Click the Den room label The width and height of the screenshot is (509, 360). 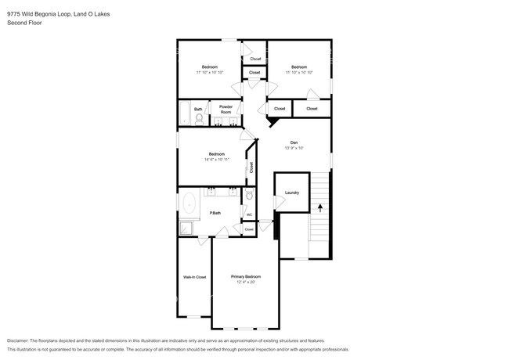[x=294, y=142]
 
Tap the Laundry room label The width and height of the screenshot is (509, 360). [x=292, y=193]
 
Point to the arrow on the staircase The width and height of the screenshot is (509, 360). [x=319, y=207]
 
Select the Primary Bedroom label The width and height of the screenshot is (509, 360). [x=245, y=277]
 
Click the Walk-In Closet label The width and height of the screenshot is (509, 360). [x=194, y=277]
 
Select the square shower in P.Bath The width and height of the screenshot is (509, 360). [x=188, y=228]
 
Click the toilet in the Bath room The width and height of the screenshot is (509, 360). [x=200, y=119]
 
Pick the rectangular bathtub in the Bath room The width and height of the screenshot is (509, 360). [x=185, y=114]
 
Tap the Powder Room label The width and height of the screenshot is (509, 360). [x=226, y=109]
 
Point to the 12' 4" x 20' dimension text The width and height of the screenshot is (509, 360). [x=245, y=283]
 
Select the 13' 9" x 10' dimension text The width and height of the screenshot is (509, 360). [x=294, y=147]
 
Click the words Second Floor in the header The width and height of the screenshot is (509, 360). [x=24, y=23]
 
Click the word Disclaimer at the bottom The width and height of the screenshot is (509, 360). [x=22, y=341]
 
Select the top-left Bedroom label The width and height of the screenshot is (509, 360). [x=210, y=67]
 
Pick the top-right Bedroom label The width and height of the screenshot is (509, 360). [x=298, y=67]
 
